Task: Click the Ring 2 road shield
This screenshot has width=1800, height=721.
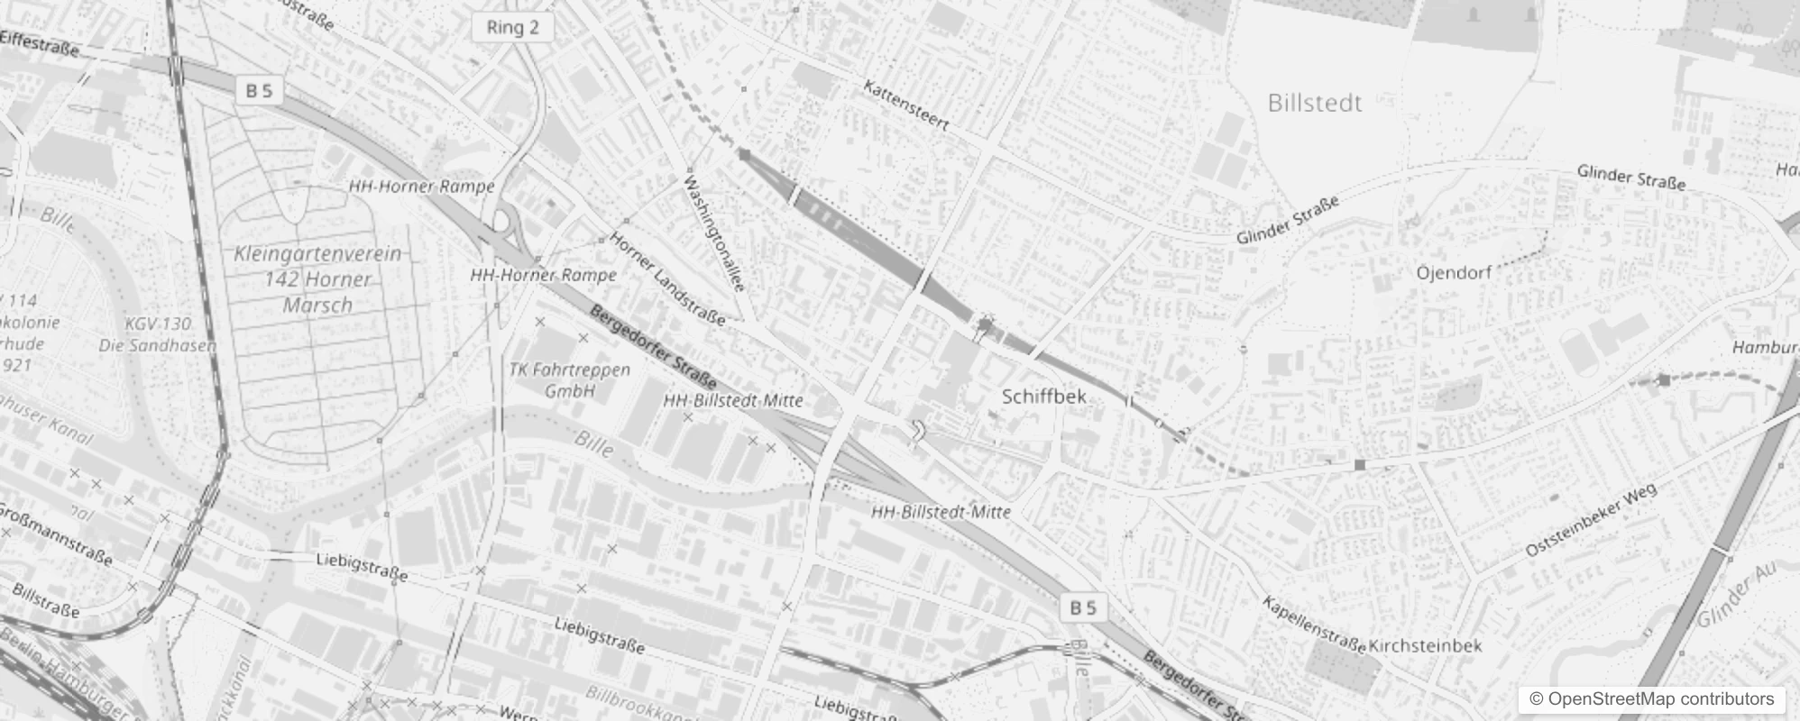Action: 512,27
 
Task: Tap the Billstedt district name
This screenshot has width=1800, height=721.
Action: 1314,103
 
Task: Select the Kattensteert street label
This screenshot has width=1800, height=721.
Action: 905,105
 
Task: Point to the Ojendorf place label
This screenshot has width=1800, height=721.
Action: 1453,272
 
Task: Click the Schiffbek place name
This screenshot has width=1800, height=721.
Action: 1043,397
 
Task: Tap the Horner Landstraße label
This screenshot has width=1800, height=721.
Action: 666,278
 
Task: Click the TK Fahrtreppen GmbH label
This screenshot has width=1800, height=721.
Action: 569,380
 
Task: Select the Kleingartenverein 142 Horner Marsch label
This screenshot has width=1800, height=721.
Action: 317,279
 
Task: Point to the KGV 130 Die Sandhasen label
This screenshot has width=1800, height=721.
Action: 158,334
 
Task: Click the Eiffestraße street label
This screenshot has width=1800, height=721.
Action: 40,42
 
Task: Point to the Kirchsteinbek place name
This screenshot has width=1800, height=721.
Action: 1425,646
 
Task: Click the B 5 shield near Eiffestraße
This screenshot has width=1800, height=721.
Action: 259,90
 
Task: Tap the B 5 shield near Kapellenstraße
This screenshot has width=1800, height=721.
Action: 1082,608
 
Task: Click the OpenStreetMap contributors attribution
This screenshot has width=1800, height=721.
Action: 1651,699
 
